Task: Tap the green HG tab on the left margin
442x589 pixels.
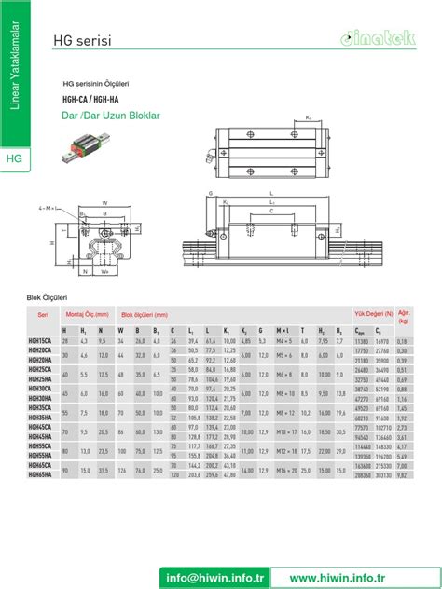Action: tap(15, 158)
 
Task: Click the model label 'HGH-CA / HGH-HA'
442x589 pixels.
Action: tap(90, 99)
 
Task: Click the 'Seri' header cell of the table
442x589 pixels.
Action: tap(42, 315)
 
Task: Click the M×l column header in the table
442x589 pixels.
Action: tap(285, 331)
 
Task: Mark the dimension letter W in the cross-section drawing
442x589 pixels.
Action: tap(104, 202)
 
